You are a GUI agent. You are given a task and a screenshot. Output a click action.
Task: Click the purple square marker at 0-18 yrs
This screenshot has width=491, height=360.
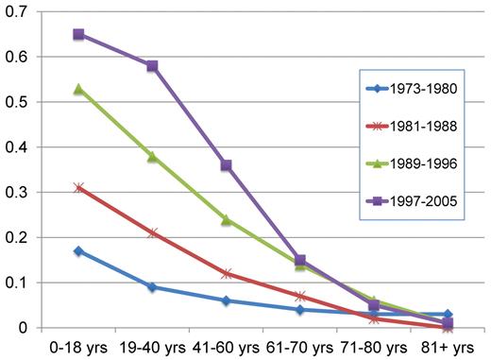78,34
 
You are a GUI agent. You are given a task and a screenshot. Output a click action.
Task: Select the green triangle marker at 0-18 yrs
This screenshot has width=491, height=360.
78,89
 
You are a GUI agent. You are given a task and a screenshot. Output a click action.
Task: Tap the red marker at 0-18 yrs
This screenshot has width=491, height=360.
78,187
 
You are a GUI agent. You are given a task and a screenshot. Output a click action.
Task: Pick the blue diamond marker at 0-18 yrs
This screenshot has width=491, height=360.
78,250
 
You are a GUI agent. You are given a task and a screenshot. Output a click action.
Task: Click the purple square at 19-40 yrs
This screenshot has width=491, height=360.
152,66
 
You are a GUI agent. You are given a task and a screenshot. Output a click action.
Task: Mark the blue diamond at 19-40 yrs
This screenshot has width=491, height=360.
152,286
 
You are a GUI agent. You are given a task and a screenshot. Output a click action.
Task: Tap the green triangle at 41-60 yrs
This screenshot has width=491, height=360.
226,219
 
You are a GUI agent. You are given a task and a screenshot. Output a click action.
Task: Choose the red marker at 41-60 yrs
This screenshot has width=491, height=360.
226,273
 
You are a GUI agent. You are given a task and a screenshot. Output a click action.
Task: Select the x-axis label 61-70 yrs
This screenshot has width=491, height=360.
299,346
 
